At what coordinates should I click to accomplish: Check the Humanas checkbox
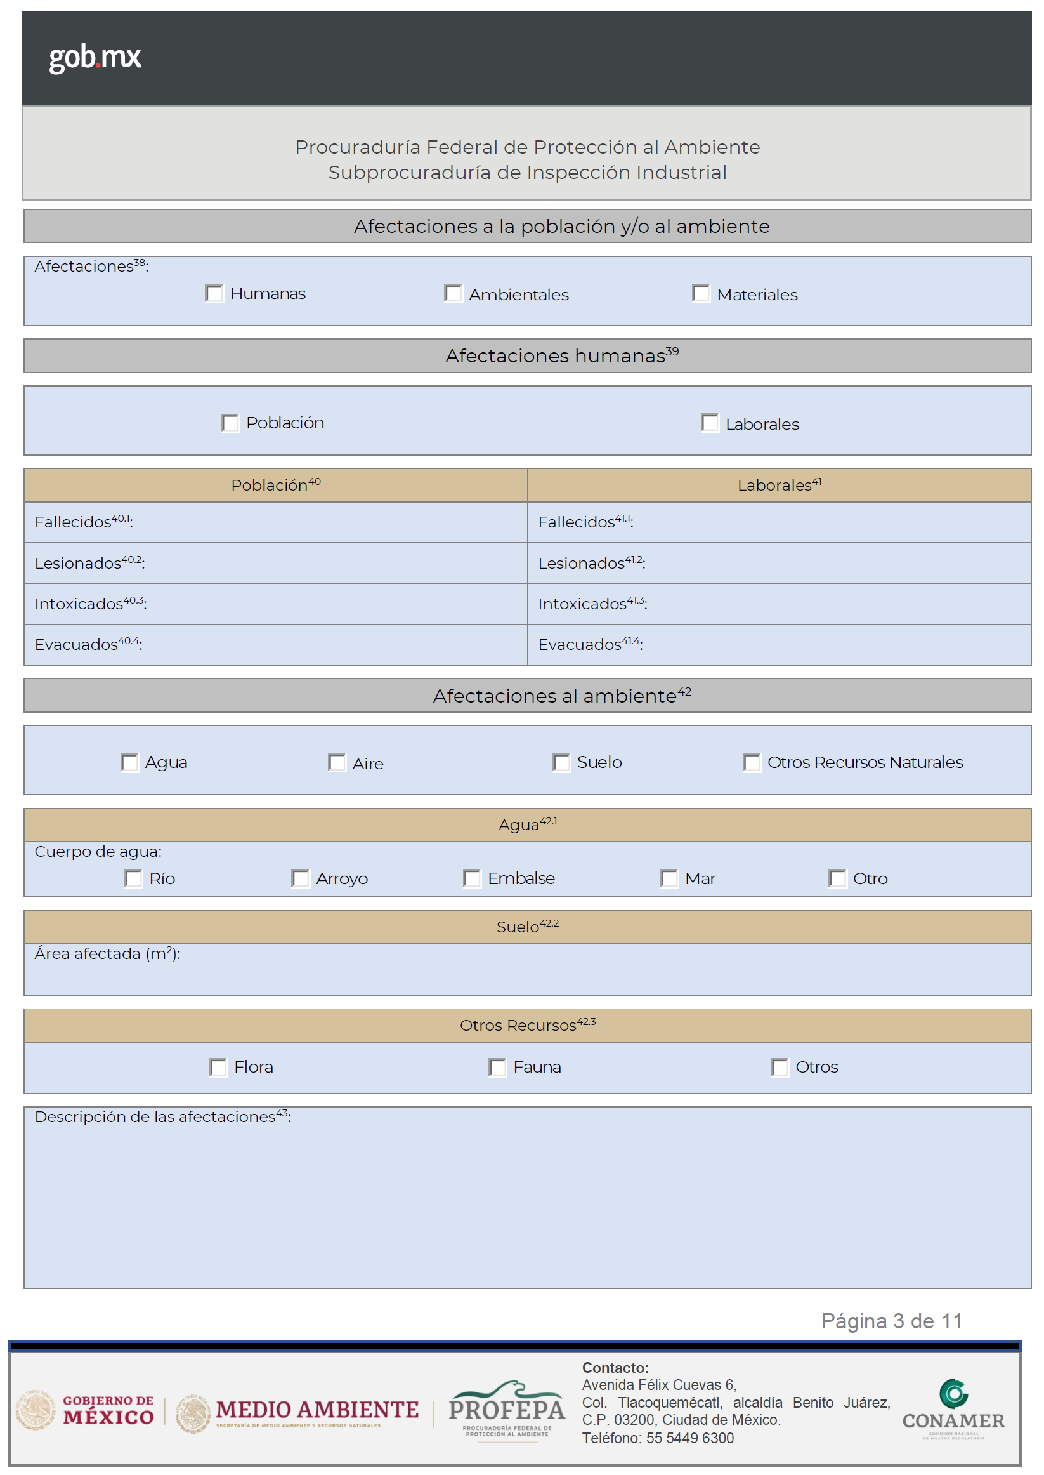[x=214, y=293]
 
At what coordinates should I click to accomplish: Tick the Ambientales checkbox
[x=453, y=293]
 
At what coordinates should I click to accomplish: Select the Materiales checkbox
[x=701, y=293]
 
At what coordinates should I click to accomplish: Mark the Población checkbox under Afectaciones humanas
[x=230, y=423]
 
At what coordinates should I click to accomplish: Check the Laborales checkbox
[x=710, y=423]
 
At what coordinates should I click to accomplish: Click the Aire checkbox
[x=337, y=762]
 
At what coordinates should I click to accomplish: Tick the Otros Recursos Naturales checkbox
[x=752, y=762]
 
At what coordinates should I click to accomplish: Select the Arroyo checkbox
[x=300, y=878]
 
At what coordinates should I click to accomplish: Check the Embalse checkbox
[x=472, y=878]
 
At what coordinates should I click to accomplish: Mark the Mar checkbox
[x=669, y=878]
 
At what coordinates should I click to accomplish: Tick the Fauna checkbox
[x=497, y=1067]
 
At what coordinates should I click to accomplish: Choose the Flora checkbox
[x=218, y=1067]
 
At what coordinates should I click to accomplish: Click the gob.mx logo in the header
[x=95, y=58]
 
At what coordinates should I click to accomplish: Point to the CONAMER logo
[x=953, y=1408]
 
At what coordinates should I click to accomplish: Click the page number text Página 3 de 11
[x=892, y=1321]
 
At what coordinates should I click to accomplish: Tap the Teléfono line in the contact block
[x=658, y=1438]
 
